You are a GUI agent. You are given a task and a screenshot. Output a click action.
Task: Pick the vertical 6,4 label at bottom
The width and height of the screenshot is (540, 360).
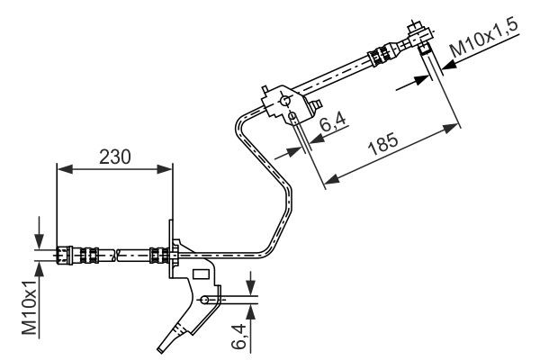coord(238,334)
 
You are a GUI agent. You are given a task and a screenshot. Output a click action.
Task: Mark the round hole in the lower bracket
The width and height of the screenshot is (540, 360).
coord(206,300)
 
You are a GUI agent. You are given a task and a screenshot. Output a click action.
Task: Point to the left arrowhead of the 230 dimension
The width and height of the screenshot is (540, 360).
coord(61,167)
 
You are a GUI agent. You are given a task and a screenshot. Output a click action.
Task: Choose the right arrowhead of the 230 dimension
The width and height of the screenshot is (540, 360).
coord(166,167)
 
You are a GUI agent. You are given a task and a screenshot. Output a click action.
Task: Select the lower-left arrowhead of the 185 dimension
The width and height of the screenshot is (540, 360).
coord(328,183)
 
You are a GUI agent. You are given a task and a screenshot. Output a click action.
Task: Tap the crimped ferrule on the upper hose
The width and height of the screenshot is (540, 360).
coord(376,58)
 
